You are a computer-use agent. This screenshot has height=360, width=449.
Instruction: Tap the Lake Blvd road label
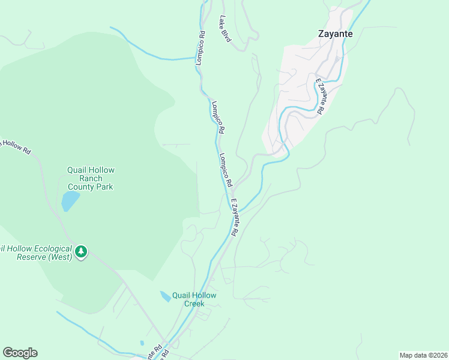[x=225, y=29]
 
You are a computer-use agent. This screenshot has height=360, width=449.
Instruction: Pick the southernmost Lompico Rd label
[x=226, y=169]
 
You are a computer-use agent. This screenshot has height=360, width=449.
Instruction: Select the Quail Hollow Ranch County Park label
[x=90, y=178]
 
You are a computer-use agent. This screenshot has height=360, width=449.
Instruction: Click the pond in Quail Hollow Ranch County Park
[x=70, y=201]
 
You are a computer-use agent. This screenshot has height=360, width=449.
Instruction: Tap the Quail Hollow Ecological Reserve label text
[x=36, y=253]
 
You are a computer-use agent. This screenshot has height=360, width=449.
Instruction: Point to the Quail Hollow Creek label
[x=194, y=299]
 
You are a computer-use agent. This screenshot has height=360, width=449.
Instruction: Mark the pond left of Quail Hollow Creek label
[x=164, y=296]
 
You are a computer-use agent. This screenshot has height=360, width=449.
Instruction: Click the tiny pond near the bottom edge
[x=142, y=343]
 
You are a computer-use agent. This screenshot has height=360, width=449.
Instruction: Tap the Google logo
[x=20, y=353]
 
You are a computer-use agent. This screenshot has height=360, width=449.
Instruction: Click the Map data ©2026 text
[x=423, y=355]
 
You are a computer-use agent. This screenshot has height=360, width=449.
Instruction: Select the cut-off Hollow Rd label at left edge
[x=15, y=146]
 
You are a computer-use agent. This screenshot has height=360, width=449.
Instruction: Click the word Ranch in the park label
[x=90, y=178]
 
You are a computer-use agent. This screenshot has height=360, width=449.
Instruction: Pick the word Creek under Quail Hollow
[x=194, y=303]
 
